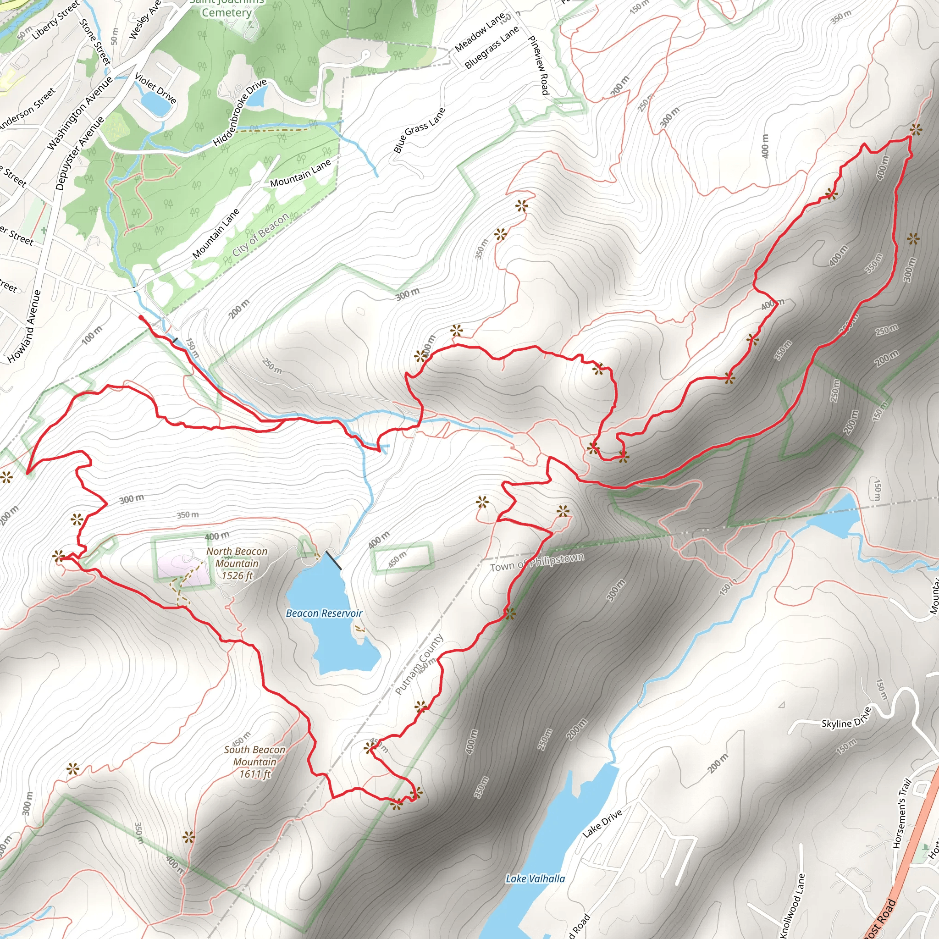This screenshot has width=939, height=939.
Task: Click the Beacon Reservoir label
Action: [324, 613]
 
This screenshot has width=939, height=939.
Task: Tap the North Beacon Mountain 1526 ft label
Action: [237, 563]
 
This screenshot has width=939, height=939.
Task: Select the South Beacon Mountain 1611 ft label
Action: [254, 762]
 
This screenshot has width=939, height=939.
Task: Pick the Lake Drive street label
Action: [602, 823]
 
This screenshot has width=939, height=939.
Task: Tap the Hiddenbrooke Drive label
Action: [240, 112]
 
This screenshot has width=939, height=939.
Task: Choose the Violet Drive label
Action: [155, 88]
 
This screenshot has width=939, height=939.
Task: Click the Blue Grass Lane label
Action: [419, 130]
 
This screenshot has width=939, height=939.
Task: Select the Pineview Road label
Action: [538, 65]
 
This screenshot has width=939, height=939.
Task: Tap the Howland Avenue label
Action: [25, 326]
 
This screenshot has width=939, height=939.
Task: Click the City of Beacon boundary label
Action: [260, 235]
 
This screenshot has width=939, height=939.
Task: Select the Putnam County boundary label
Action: [419, 664]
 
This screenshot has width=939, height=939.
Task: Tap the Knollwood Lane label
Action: [792, 905]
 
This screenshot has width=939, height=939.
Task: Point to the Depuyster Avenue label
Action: [80, 153]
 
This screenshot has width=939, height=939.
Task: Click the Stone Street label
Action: [95, 41]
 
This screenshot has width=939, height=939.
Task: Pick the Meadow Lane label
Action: [480, 33]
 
